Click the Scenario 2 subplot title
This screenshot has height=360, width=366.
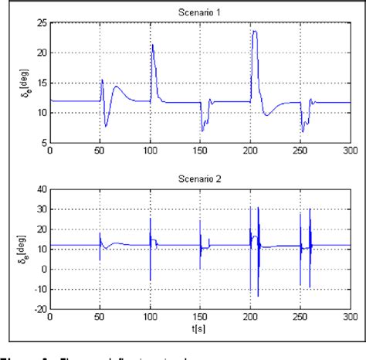pos(200,178)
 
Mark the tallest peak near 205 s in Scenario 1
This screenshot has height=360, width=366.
pos(254,32)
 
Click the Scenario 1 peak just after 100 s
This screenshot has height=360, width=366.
pos(153,45)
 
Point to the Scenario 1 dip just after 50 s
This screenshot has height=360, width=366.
pos(107,126)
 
